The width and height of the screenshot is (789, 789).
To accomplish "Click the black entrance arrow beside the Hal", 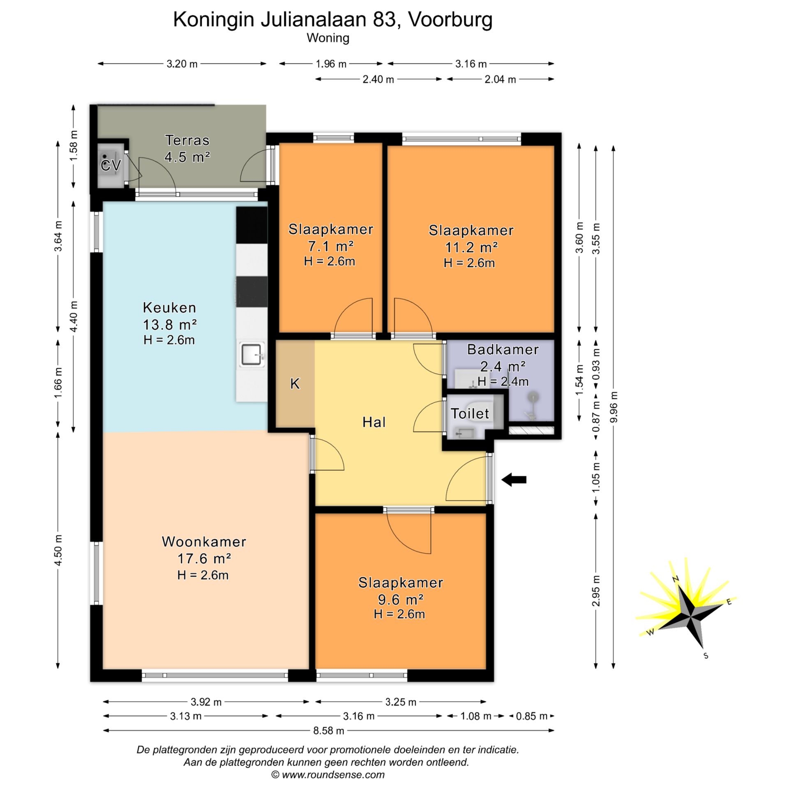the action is coord(514,480).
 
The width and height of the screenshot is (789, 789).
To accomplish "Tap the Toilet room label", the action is coord(470,413).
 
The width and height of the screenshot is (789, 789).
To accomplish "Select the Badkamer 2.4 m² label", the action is coord(503,358).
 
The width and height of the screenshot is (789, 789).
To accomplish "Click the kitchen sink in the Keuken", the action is coord(252,355).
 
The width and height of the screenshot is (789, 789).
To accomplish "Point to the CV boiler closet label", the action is coord(111,166).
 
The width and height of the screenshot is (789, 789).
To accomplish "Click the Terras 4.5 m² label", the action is coord(187,148).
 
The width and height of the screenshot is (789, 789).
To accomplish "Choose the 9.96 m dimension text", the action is coord(614,406).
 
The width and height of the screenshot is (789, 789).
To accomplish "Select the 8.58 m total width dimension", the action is coord(328,731).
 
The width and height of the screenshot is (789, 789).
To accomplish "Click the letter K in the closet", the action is coord(295,384).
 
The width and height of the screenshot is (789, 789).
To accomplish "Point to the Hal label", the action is coord(374,422).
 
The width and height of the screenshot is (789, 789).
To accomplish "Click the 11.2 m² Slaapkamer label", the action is coord(471,239).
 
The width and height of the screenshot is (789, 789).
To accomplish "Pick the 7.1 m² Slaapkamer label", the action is coord(331,238).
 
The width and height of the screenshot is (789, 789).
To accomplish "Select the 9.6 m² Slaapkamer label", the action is coord(401,591).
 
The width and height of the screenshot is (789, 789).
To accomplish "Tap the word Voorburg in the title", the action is coord(450,19).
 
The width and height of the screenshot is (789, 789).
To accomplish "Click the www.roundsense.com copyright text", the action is coord(328,775).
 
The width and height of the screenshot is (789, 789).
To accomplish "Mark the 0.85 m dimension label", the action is coord(532,716).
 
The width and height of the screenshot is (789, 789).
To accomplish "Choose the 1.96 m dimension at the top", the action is coord(331,64).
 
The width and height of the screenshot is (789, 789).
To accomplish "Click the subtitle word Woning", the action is coord(328,38).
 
